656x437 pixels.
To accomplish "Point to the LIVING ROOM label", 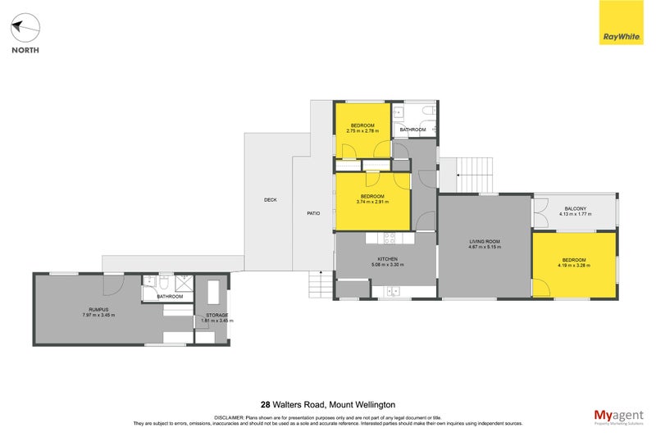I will click(x=484, y=241).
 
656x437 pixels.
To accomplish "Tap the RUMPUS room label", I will click(x=97, y=309).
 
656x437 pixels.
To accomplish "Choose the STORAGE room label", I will click(x=216, y=314).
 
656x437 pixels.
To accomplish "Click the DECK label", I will click(x=270, y=200).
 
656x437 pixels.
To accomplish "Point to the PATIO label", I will click(x=313, y=213).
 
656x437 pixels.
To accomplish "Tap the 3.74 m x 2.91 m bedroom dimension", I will click(x=372, y=201).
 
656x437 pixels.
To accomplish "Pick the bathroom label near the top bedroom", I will click(x=412, y=130).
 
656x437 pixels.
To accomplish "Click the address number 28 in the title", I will click(x=265, y=404).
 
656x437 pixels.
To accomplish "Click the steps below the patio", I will click(x=320, y=286).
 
